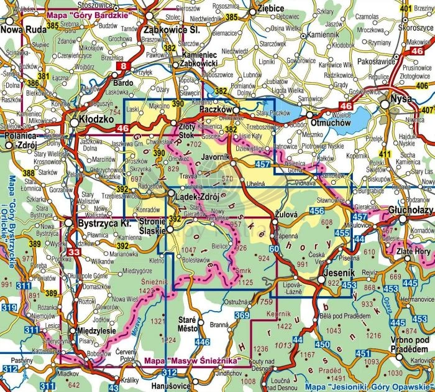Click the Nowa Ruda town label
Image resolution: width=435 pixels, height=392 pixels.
pyautogui.click(x=22, y=29)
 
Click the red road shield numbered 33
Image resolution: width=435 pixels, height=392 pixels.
pyautogui.click(x=74, y=252)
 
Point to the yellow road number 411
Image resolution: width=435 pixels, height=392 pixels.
pyautogui.click(x=385, y=154)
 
